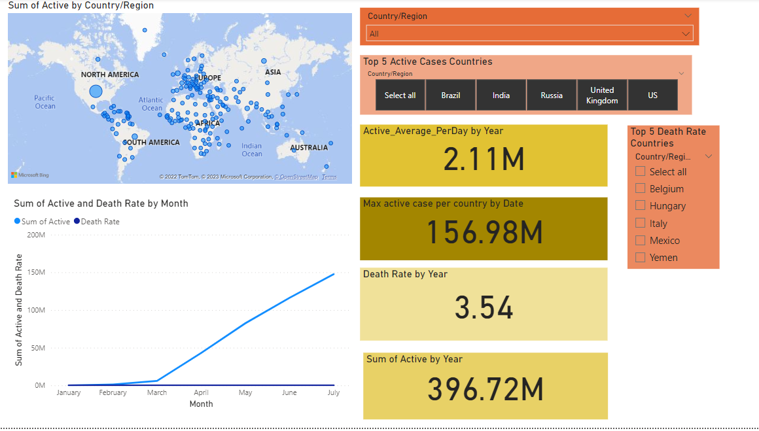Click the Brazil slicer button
(451, 95)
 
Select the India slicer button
(501, 95)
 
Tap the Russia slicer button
(552, 95)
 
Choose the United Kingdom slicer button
(602, 95)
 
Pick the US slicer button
(652, 95)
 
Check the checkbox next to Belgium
(641, 189)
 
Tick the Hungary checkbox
(641, 206)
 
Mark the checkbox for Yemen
(641, 258)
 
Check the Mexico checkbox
(641, 241)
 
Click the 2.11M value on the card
(484, 160)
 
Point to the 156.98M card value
(484, 232)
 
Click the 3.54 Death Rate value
(484, 308)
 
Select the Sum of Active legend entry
(43, 222)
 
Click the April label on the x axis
(201, 393)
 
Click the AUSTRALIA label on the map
(309, 148)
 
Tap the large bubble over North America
(96, 92)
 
